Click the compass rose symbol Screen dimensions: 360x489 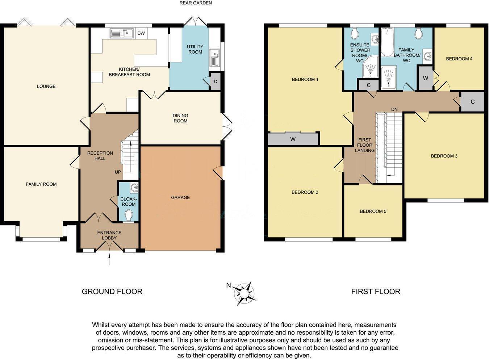(x=245, y=293)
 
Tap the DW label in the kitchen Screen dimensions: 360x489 (x=141, y=33)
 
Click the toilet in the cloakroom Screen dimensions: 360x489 (x=129, y=216)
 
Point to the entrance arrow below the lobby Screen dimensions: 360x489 (x=109, y=260)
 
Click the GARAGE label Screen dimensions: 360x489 (x=180, y=197)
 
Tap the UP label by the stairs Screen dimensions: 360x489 (x=118, y=172)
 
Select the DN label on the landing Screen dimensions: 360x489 (x=394, y=109)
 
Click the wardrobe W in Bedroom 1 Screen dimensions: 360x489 (x=293, y=139)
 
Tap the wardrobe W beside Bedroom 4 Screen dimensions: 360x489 (x=425, y=78)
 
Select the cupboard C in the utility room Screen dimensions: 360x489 (x=216, y=81)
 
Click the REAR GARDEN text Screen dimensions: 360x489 (x=196, y=3)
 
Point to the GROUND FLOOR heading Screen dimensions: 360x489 (x=112, y=292)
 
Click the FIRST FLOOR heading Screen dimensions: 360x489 (x=376, y=292)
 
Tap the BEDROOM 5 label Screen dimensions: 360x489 (x=373, y=211)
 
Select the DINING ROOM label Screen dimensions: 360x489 (x=180, y=118)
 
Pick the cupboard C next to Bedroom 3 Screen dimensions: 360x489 (x=472, y=102)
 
